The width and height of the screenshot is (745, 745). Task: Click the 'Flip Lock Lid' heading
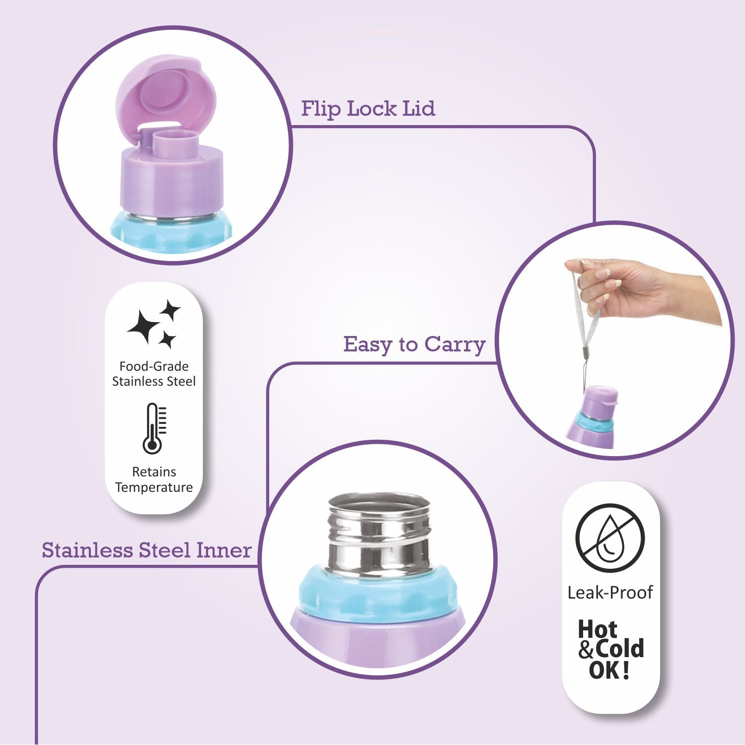[368, 109]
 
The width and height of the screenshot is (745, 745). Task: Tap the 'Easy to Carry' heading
[414, 344]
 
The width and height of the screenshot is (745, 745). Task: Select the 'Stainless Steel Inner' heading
[147, 550]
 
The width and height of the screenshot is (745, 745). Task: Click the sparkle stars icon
[153, 324]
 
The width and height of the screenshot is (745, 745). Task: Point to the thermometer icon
[154, 428]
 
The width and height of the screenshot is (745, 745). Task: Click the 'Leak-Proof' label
[610, 592]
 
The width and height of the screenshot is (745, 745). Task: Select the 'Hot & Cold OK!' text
[610, 649]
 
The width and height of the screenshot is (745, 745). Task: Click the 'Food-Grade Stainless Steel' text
[154, 374]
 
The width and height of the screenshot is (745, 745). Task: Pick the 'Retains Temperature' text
[154, 479]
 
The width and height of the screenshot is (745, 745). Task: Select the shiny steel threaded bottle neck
[379, 536]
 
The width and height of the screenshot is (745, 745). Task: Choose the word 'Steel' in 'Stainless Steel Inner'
[164, 550]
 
